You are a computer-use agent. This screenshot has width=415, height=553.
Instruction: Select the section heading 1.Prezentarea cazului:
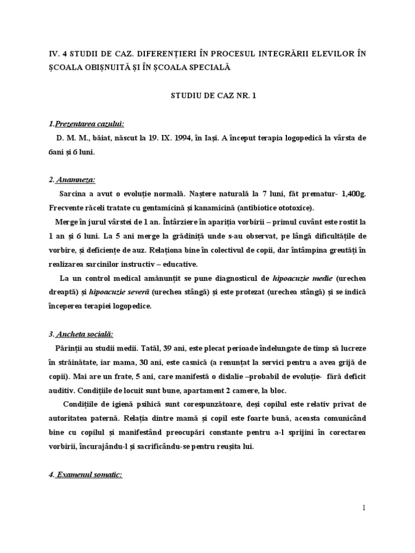click(x=90, y=124)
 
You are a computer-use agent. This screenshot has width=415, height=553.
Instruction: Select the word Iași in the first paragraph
click(x=209, y=138)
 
